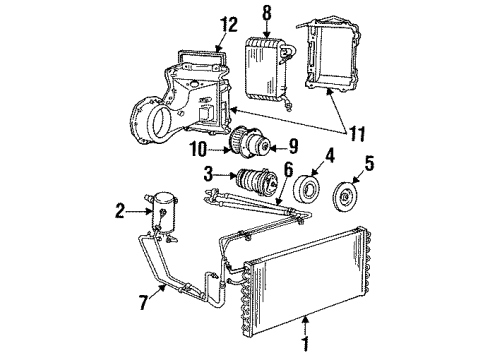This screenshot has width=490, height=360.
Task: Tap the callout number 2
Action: [x=120, y=210]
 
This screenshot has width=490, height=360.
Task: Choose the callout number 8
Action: [x=266, y=15]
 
